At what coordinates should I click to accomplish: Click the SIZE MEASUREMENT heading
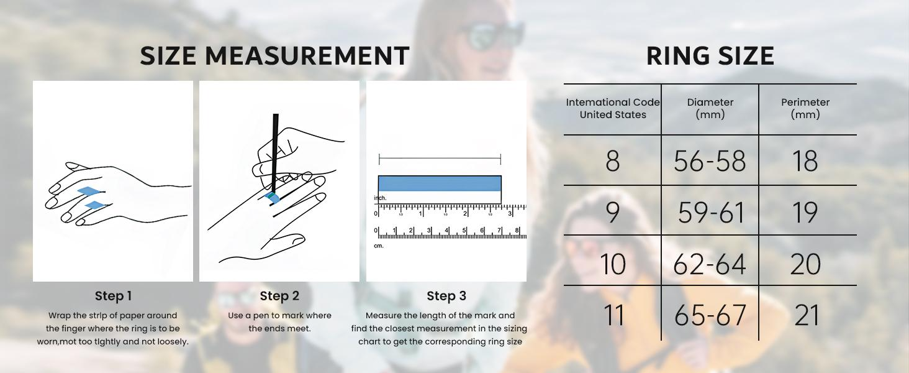tap(274, 56)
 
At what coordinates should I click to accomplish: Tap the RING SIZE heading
tap(710, 56)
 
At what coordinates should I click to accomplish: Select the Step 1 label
tap(113, 296)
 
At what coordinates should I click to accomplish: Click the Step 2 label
tap(279, 296)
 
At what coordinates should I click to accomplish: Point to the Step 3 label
tap(446, 296)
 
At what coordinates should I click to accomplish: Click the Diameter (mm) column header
tap(710, 108)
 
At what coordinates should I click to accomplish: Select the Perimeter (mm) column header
tap(805, 108)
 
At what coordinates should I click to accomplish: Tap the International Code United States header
tap(613, 108)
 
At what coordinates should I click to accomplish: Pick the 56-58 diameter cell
tap(710, 161)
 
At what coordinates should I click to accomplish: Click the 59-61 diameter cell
tap(711, 213)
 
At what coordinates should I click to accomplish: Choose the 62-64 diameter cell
tap(709, 264)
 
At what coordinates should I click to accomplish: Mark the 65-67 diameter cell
tap(710, 315)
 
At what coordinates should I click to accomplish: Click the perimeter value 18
tap(805, 161)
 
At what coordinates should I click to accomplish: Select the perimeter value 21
tap(807, 315)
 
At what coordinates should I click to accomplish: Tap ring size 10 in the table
tap(613, 264)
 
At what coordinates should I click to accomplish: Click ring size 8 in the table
tap(613, 161)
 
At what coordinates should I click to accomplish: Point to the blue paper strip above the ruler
tap(440, 183)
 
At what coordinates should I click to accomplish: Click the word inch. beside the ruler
tap(380, 198)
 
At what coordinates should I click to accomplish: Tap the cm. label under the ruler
tap(379, 246)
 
